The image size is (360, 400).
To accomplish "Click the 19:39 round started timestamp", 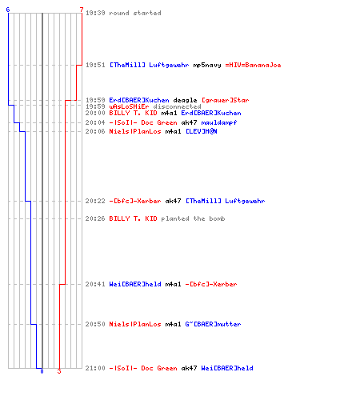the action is [x=95, y=13].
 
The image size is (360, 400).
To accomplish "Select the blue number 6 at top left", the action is [x=8, y=10].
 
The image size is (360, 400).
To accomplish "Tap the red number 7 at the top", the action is [x=82, y=10].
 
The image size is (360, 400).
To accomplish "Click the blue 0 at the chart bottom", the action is [x=42, y=371].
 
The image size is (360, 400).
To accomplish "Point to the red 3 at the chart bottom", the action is [x=59, y=371].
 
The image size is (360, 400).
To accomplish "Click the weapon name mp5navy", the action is [x=207, y=65].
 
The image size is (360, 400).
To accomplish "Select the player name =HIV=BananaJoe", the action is [x=253, y=65].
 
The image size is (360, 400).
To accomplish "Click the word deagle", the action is [x=185, y=100].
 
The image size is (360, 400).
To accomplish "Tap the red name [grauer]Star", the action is [x=225, y=100].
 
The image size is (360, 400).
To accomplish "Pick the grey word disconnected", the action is [x=177, y=106].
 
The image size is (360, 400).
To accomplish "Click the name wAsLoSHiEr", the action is [x=129, y=106].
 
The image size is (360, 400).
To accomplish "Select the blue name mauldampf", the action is [x=219, y=122].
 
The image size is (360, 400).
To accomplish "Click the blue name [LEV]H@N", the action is [x=202, y=131].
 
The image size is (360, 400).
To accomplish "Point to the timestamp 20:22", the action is [x=95, y=201].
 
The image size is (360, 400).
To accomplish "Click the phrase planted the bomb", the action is [x=193, y=218].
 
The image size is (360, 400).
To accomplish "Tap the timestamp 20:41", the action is [x=95, y=284].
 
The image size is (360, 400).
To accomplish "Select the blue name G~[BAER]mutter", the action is [x=213, y=324].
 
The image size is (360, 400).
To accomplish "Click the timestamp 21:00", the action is [x=95, y=368].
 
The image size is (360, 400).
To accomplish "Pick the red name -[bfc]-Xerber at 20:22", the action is [x=135, y=201].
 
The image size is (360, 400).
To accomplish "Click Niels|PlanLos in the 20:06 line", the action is [x=135, y=131].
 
